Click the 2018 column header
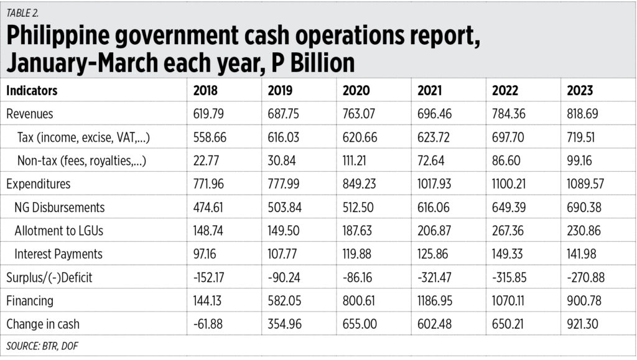click(205, 91)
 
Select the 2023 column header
click(580, 91)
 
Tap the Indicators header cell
click(32, 91)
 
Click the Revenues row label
click(30, 114)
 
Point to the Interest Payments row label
click(58, 254)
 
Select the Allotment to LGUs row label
click(59, 231)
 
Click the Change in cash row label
click(43, 324)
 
